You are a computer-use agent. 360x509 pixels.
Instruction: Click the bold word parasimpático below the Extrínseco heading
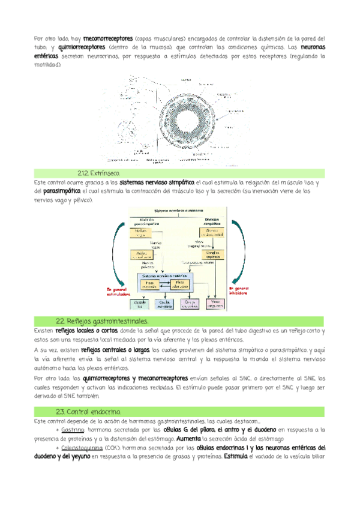coord(62,190)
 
